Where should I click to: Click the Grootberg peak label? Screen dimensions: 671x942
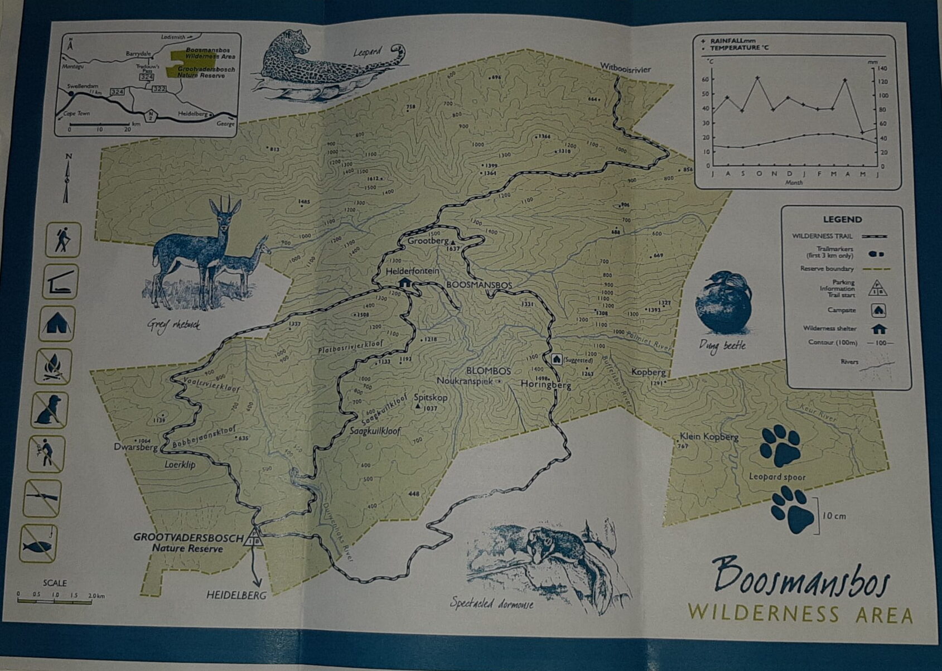tap(428, 241)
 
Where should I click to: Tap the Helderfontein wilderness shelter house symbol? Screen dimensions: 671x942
tap(405, 282)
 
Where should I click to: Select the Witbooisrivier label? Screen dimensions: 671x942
tap(625, 68)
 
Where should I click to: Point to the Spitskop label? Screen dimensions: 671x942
tap(431, 398)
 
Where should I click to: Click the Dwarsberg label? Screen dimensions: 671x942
tap(136, 447)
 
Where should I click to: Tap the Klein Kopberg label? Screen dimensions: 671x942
tap(709, 437)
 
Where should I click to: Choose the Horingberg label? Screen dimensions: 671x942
tap(545, 384)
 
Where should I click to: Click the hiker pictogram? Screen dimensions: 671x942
tap(63, 240)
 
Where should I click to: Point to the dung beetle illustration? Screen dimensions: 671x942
tap(723, 305)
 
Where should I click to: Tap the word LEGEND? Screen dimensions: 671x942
tap(842, 219)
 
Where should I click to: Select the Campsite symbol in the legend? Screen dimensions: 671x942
tap(878, 310)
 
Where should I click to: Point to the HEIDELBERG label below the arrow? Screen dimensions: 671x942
tap(236, 595)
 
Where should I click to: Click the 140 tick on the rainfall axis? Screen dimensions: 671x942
tap(882, 69)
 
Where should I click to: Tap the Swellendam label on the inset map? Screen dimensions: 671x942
tap(83, 86)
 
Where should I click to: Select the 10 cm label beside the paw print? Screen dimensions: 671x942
tap(834, 516)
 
